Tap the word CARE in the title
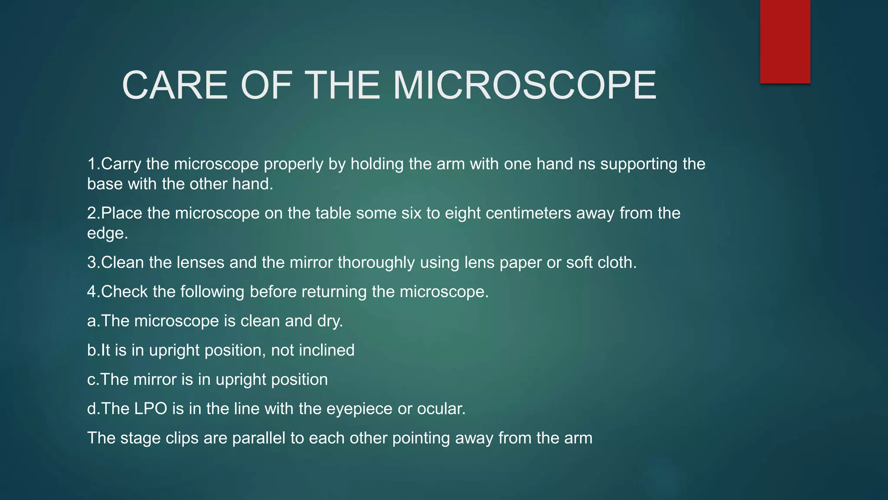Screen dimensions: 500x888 tap(175, 86)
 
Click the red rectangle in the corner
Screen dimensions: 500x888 tap(785, 41)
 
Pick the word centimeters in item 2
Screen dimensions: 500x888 tap(528, 214)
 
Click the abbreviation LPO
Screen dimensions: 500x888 tap(150, 409)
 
